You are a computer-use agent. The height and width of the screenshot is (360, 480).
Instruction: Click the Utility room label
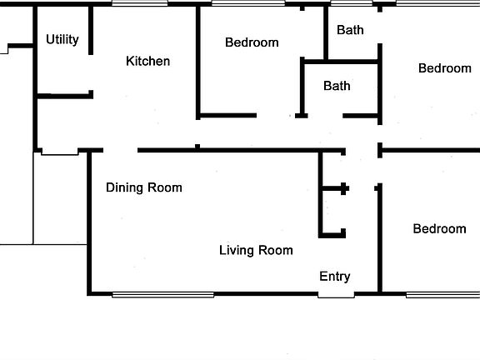(62, 39)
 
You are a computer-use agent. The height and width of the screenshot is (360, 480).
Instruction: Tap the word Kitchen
(147, 61)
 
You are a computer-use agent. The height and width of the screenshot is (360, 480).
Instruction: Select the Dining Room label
(143, 187)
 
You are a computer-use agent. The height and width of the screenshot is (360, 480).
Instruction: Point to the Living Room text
(256, 250)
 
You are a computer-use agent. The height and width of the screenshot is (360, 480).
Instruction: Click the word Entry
(335, 277)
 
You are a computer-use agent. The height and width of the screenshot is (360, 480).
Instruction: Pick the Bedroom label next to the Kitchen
(252, 42)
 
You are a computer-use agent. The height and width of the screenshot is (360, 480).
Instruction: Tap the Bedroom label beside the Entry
(439, 229)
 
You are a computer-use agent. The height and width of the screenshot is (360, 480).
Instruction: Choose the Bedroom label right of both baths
(444, 68)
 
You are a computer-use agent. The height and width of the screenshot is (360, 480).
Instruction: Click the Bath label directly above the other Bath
(350, 31)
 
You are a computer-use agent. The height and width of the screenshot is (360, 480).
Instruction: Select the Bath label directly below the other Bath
(337, 86)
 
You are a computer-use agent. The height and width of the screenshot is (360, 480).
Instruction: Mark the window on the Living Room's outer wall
(162, 294)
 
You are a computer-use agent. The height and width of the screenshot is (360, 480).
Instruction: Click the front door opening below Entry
(335, 294)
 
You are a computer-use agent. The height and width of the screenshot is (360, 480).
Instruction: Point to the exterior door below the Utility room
(57, 152)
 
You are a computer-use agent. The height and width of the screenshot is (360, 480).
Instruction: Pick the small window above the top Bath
(340, 3)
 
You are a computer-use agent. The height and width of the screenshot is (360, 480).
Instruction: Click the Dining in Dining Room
(125, 187)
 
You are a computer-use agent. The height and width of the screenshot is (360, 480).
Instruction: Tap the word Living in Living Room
(237, 250)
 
